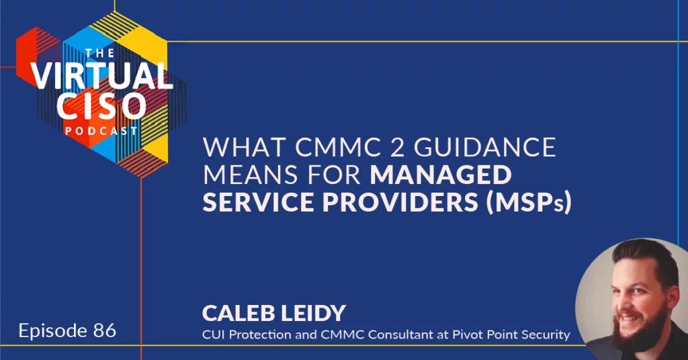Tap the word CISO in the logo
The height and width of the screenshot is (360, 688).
click(x=101, y=106)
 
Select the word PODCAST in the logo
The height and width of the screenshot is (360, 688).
click(x=101, y=131)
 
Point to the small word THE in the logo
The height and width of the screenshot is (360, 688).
click(x=99, y=54)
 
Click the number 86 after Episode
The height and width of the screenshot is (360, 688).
click(x=104, y=330)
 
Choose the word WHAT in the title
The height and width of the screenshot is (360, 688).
click(x=245, y=147)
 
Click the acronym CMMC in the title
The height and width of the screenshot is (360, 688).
click(x=339, y=147)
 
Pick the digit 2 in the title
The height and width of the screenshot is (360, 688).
click(x=398, y=147)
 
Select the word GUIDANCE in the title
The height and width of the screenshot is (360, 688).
click(x=485, y=147)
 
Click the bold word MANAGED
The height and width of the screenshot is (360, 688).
click(x=441, y=175)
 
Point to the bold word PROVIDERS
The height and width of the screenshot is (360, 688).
click(x=400, y=202)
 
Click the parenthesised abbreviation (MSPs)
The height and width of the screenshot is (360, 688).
click(x=529, y=203)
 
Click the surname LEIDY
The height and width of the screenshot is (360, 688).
click(x=313, y=314)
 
